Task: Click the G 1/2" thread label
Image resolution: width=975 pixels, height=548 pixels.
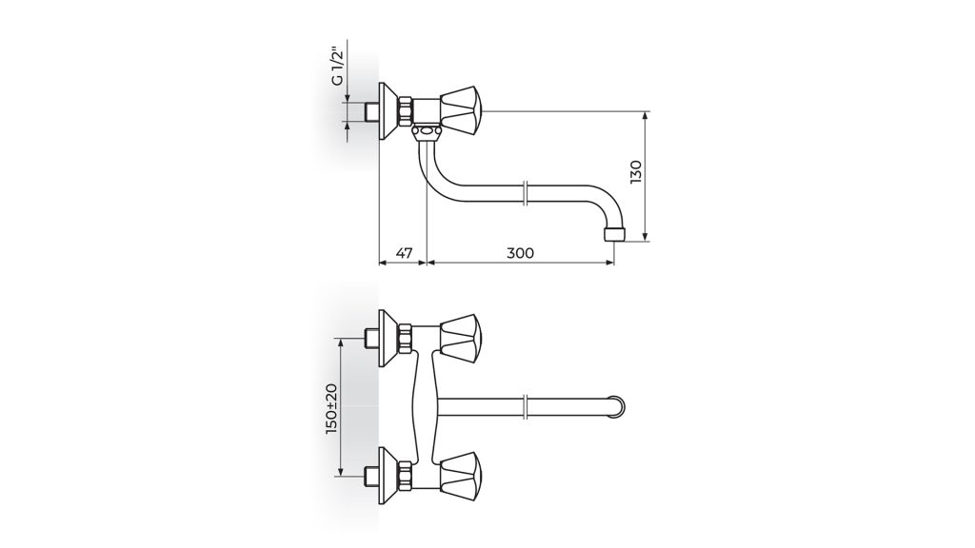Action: coord(336,66)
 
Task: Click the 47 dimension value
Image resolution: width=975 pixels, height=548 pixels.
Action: coord(404,253)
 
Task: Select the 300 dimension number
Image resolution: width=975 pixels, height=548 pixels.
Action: coord(521,253)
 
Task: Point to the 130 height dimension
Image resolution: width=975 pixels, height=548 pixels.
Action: coord(635,172)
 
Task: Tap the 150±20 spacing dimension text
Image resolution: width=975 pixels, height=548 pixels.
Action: coord(330,408)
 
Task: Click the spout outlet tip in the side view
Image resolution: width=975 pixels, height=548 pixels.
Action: coord(614,235)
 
